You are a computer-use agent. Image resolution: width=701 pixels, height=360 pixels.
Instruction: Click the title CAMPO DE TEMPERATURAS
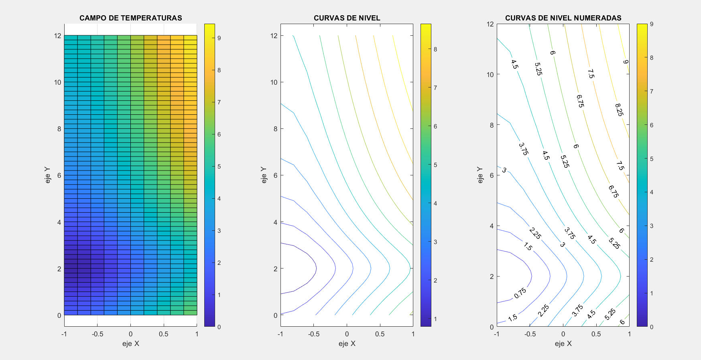tap(130, 18)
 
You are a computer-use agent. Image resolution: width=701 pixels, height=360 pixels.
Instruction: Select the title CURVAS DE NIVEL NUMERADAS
tap(563, 18)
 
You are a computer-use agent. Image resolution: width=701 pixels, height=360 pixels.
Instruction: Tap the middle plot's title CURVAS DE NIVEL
tap(347, 18)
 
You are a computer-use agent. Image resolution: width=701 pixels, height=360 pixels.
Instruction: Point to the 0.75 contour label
tap(520, 293)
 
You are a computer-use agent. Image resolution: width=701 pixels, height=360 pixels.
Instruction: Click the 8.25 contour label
tap(619, 110)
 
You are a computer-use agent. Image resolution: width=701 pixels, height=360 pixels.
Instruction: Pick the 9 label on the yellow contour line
tap(626, 62)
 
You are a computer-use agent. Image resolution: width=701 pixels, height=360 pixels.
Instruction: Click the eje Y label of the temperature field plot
tap(48, 175)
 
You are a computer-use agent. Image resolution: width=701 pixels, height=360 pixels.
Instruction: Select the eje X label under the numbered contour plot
tap(563, 344)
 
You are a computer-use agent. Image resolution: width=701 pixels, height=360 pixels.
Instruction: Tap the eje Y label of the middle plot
tap(264, 175)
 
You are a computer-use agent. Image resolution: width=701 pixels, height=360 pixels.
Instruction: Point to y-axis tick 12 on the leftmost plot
tap(58, 36)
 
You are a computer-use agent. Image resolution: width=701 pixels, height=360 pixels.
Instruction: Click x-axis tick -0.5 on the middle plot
tap(313, 334)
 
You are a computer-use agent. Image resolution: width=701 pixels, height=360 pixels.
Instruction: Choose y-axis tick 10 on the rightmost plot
tap(490, 74)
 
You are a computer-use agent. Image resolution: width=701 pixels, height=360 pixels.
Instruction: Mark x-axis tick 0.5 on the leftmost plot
tap(163, 334)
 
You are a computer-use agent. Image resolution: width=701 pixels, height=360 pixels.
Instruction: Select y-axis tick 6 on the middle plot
tap(275, 175)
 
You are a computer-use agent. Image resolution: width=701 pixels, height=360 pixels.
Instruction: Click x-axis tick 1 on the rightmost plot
tap(629, 334)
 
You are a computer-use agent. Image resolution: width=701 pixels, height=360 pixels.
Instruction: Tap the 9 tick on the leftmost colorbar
tap(219, 38)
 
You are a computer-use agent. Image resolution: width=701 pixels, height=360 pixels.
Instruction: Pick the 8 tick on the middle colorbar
tap(435, 49)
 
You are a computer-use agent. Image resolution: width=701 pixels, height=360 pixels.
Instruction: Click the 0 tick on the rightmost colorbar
tap(652, 327)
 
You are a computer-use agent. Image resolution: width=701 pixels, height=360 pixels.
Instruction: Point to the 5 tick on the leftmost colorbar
tap(219, 167)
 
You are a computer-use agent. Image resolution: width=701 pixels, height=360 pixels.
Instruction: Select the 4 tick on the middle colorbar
tap(435, 203)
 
